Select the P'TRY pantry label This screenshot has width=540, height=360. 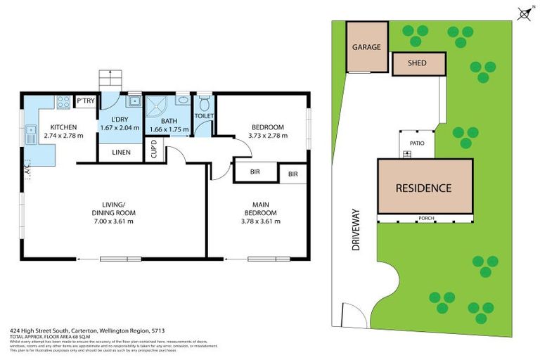86,102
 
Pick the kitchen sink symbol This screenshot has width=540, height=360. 32,130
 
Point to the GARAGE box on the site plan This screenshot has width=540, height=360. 367,48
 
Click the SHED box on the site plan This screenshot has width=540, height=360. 418,65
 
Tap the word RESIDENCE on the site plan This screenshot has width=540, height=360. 423,188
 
